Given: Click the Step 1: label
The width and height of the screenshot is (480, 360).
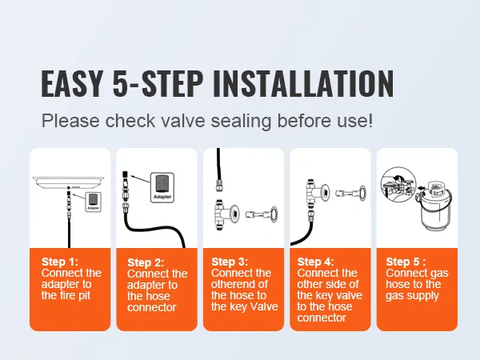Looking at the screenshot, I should coord(61,261).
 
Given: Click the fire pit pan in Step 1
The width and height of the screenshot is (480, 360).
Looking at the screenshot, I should coord(70,181).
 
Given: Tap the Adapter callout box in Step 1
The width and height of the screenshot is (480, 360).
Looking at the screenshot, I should coord(94,199).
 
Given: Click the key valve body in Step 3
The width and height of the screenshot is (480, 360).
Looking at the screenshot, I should coord(223,211).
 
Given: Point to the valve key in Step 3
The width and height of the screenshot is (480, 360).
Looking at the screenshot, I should coord(263,213).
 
